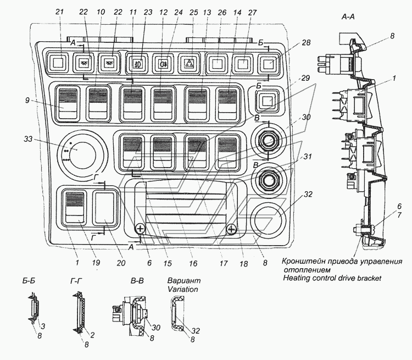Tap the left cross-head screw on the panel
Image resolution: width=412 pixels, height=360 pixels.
coord(140,229)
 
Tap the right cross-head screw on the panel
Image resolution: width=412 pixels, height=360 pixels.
coord(231,229)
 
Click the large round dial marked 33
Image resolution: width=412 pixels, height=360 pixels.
coord(82,153)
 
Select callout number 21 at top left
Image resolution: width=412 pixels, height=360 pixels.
coord(60,12)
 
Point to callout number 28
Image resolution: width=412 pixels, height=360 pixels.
coord(306,43)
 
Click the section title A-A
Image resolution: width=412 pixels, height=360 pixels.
coord(348,17)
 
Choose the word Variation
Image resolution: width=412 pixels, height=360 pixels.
coord(183,289)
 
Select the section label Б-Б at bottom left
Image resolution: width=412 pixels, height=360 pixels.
coord(29,281)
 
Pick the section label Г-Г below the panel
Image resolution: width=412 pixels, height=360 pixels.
coord(76,281)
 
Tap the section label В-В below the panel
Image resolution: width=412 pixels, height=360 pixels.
coord(137,281)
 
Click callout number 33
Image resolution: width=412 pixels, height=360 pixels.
coord(28,139)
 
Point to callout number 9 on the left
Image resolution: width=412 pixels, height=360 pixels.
coord(27,100)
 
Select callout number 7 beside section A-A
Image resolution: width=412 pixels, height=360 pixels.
coord(399,215)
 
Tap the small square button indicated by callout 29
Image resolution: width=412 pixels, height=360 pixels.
coord(267,101)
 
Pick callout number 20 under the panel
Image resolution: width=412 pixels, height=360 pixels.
coord(121,263)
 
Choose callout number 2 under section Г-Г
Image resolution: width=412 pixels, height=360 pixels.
coord(92,335)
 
